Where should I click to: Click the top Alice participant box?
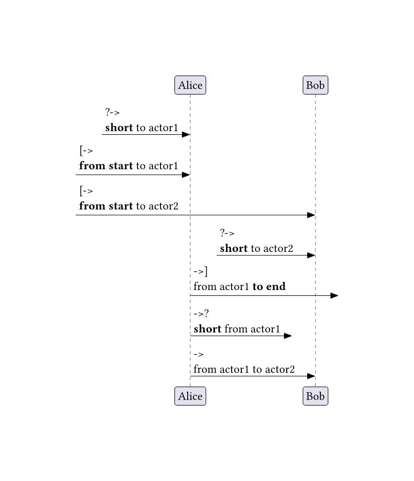tap(190, 85)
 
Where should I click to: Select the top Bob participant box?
tap(315, 85)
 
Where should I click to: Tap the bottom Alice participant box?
tap(190, 396)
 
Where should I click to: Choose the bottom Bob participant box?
tap(315, 396)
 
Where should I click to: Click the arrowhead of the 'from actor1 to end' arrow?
tap(334, 295)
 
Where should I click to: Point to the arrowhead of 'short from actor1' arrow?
tap(288, 336)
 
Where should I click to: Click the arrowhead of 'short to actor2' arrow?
tap(311, 255)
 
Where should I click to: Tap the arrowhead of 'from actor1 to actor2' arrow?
tap(311, 376)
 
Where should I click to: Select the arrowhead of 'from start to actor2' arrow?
tap(311, 215)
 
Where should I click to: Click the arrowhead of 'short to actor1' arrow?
tap(186, 134)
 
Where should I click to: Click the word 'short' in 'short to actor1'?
tap(119, 128)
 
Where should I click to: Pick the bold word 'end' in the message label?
tap(276, 286)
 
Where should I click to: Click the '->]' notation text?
tap(200, 272)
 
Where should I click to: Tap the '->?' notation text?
tap(201, 314)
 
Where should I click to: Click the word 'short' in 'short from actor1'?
tap(207, 329)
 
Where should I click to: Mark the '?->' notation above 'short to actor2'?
tap(227, 233)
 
